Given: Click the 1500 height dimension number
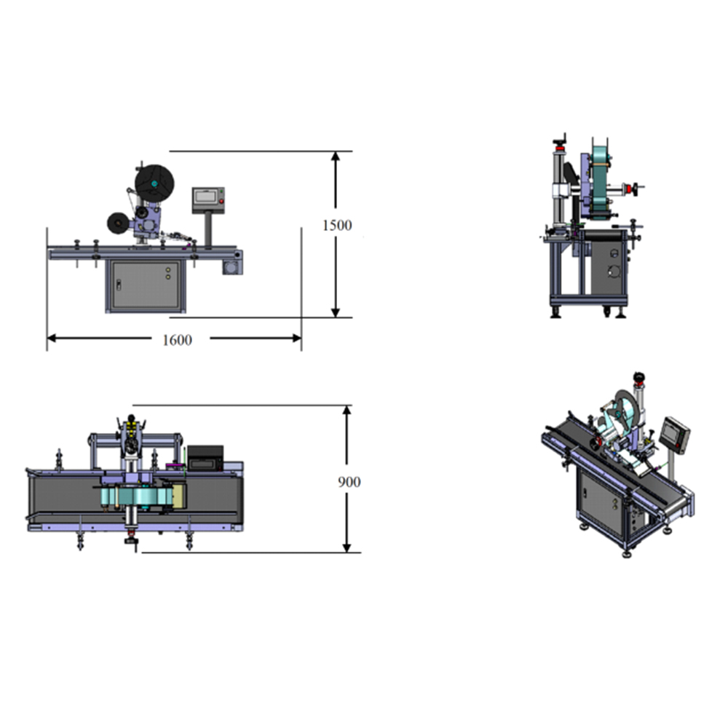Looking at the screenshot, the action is tap(337, 225).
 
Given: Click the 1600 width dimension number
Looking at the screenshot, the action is tap(177, 340).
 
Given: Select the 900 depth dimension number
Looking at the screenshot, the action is tap(349, 482).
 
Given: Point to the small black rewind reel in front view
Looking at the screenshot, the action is tap(118, 223).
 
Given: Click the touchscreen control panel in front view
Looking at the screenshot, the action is tap(208, 200).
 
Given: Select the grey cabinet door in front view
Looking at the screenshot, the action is tap(146, 285).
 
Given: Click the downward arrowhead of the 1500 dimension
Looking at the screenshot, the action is tap(335, 312).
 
